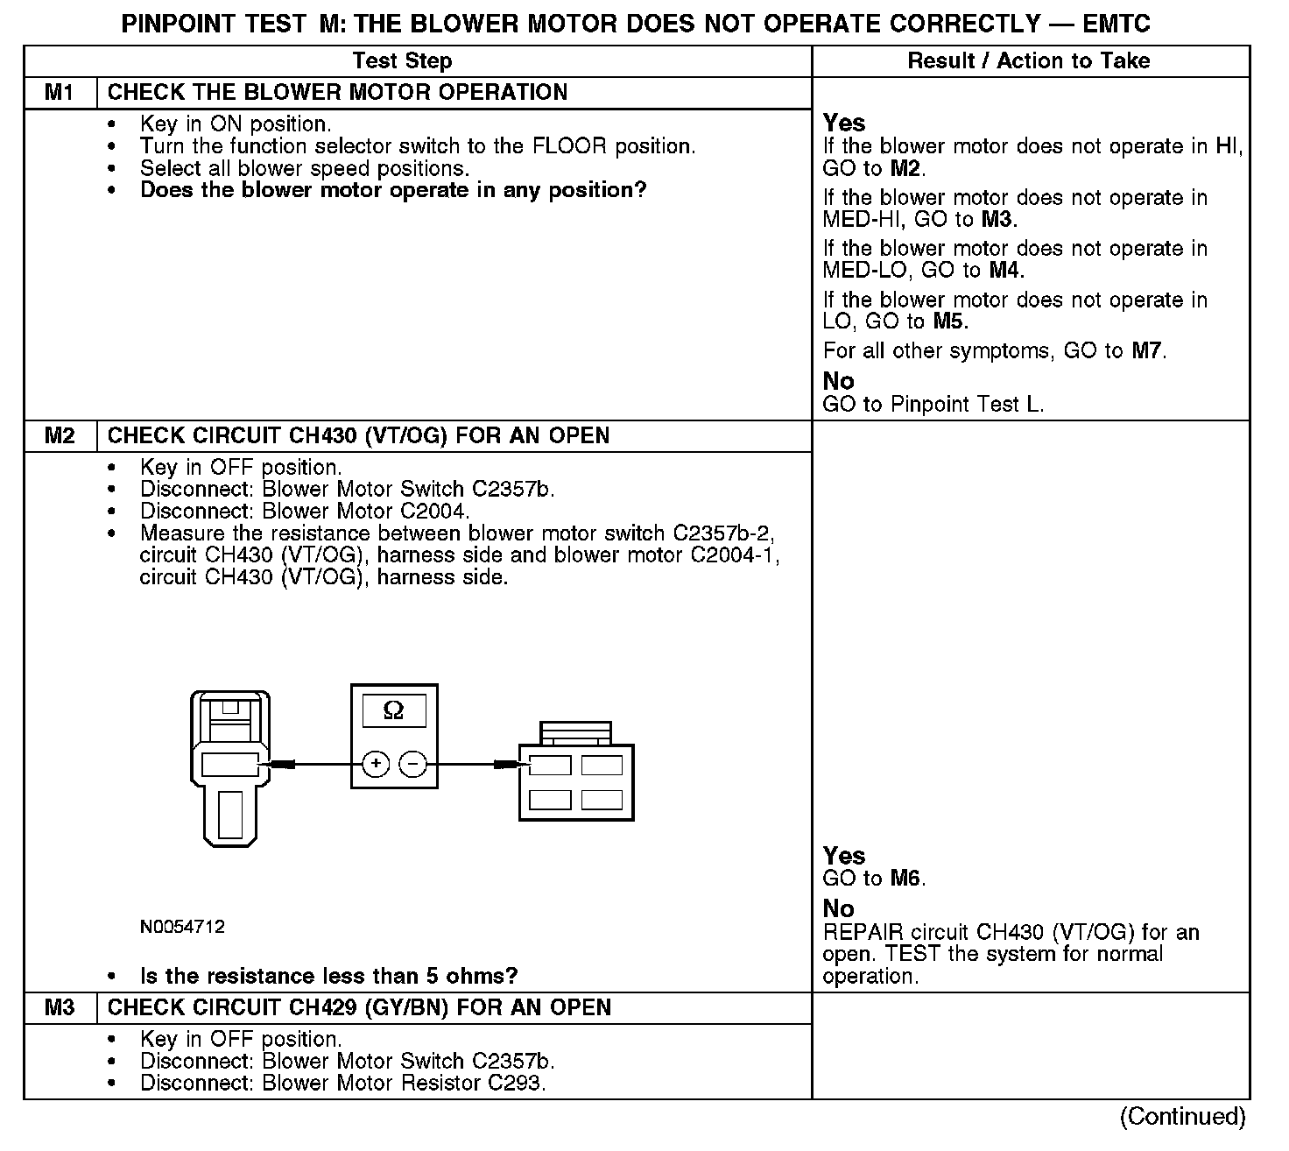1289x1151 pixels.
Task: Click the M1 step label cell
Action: point(60,92)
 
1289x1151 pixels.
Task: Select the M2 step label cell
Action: point(60,435)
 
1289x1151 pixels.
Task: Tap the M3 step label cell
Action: point(60,1007)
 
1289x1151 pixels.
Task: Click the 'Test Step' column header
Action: point(402,60)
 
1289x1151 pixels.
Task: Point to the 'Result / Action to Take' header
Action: point(1029,60)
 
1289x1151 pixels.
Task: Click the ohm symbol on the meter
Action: point(394,710)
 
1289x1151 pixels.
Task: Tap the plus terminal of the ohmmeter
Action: point(377,765)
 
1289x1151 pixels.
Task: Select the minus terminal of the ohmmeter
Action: point(412,765)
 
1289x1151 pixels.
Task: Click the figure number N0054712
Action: point(182,927)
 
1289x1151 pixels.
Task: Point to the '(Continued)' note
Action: point(1181,1116)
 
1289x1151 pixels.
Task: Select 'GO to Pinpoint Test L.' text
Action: point(933,404)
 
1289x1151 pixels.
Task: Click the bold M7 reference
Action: point(1147,351)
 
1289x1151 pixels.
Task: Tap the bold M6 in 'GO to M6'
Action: point(906,879)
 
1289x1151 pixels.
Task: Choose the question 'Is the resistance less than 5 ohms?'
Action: point(329,976)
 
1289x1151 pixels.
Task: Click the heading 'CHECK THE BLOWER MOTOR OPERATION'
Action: point(337,92)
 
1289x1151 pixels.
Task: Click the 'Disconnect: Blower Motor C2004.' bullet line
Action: point(305,512)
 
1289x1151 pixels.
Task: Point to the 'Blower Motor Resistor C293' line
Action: point(342,1084)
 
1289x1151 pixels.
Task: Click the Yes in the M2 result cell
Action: point(844,856)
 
